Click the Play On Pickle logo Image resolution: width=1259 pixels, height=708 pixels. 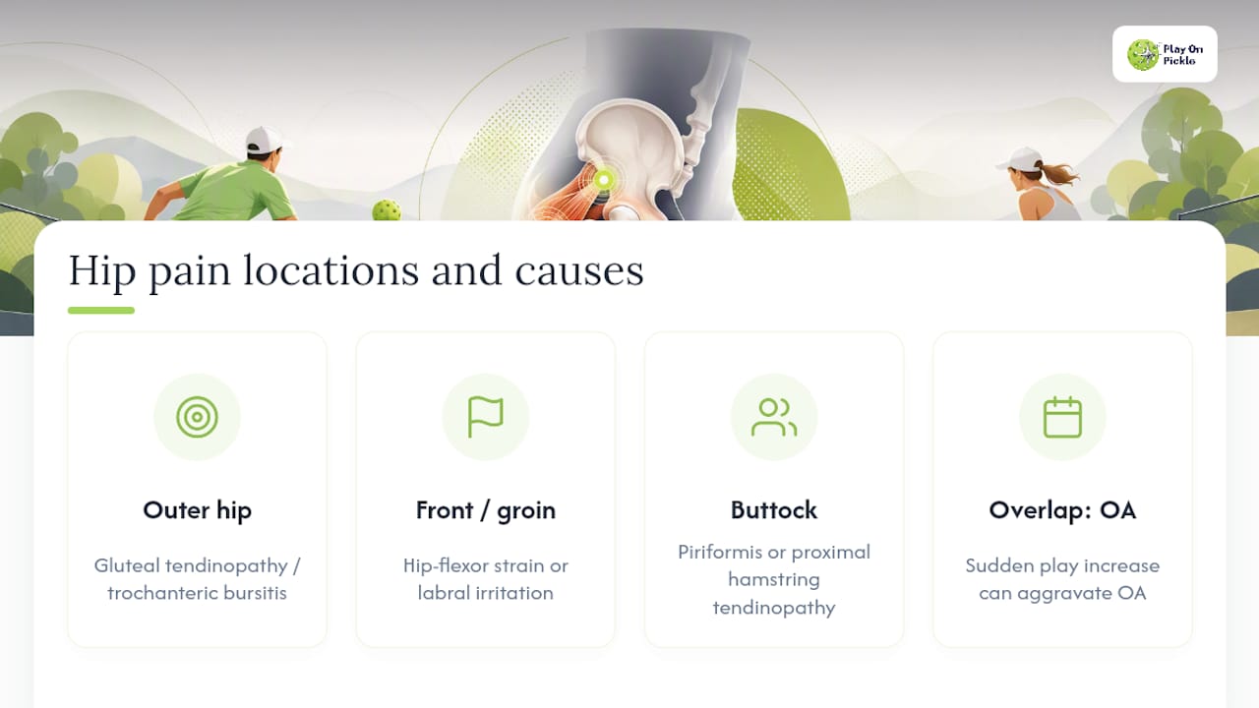click(x=1165, y=54)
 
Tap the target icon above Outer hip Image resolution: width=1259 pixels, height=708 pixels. click(x=197, y=417)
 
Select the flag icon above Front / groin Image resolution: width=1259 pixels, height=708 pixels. click(x=486, y=417)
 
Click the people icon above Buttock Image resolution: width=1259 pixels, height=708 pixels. click(x=774, y=418)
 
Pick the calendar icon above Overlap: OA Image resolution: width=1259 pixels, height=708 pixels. click(x=1062, y=417)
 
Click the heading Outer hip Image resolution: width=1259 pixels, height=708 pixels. click(x=198, y=510)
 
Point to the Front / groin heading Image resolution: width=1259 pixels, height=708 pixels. click(x=486, y=510)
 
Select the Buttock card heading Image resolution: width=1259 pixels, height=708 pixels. click(x=774, y=510)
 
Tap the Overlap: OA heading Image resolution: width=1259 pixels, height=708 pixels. click(x=1062, y=510)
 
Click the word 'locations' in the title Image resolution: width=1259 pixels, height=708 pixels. click(x=331, y=270)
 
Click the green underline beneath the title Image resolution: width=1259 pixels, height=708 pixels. click(x=101, y=310)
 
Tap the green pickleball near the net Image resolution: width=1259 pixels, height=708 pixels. click(x=387, y=210)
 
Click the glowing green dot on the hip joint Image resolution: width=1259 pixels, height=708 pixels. click(x=604, y=180)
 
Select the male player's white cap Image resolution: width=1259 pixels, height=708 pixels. click(x=266, y=140)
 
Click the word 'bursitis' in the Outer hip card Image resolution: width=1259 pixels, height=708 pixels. click(x=255, y=593)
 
